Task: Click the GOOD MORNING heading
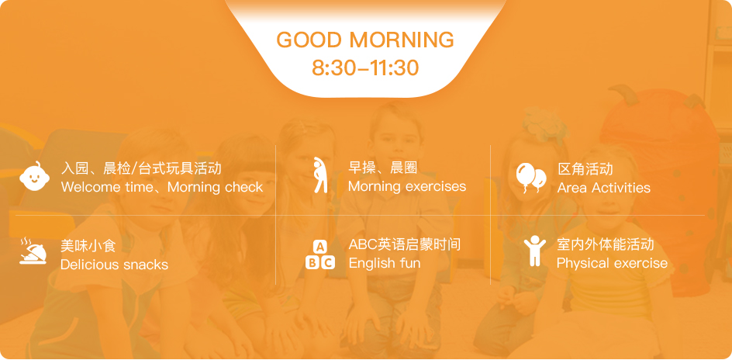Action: [x=365, y=40]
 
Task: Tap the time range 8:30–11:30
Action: [x=365, y=67]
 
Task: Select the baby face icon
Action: [x=34, y=176]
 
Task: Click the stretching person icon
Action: [x=321, y=175]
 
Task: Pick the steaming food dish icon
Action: [x=33, y=251]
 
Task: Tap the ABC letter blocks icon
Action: [x=320, y=254]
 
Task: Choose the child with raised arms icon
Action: [x=534, y=251]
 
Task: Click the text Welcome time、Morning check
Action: [x=162, y=187]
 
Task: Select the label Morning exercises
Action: [x=407, y=186]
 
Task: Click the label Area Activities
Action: [x=603, y=188]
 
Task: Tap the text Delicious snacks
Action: [x=115, y=265]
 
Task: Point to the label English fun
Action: [x=384, y=263]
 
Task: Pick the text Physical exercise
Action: [x=612, y=263]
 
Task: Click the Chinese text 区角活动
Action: [x=585, y=168]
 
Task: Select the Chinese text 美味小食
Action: [x=88, y=246]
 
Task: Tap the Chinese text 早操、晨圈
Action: [x=383, y=167]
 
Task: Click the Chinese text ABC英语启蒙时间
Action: [x=404, y=244]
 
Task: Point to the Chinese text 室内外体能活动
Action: [x=606, y=244]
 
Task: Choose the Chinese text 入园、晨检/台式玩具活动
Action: [x=141, y=168]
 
